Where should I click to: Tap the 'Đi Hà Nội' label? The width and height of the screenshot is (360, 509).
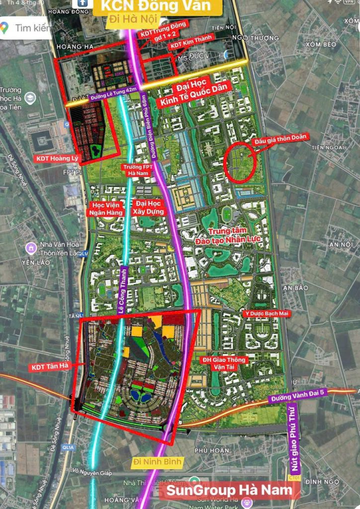(x=133, y=20)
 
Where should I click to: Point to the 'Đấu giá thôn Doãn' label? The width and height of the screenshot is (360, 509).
(x=281, y=138)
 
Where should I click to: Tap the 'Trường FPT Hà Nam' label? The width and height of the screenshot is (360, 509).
(x=136, y=170)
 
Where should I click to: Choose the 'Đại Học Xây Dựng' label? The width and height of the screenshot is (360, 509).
(x=147, y=207)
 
